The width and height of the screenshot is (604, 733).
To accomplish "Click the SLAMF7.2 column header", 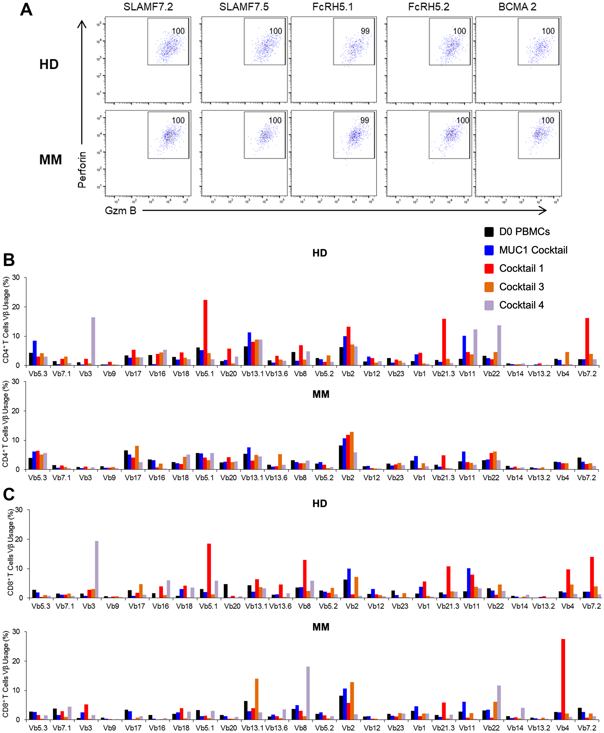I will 148,7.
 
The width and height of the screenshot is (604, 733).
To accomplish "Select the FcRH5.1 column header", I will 333,7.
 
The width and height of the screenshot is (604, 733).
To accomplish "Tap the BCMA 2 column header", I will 517,7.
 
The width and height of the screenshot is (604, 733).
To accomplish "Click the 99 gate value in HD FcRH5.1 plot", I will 365,31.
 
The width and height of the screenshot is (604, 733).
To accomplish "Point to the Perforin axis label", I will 82,170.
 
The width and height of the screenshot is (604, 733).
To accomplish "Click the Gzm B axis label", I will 120,210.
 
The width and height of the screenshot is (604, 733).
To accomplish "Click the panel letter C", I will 9,494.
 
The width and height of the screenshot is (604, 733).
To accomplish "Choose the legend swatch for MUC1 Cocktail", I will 489,250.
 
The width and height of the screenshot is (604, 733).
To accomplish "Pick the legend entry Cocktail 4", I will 521,305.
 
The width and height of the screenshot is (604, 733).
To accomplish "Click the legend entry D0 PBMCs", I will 524,232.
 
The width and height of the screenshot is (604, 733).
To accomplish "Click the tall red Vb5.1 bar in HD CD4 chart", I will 205,332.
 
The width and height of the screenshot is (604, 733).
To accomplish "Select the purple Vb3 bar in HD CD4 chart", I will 93,341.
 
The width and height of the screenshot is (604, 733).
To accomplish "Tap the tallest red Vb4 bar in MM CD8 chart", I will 563,679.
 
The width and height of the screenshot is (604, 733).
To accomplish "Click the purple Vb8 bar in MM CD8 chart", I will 308,693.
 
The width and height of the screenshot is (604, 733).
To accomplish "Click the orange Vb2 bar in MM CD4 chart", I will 352,451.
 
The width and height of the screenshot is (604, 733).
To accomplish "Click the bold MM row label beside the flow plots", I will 50,160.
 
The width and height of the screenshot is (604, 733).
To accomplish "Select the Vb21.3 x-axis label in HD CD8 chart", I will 448,606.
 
